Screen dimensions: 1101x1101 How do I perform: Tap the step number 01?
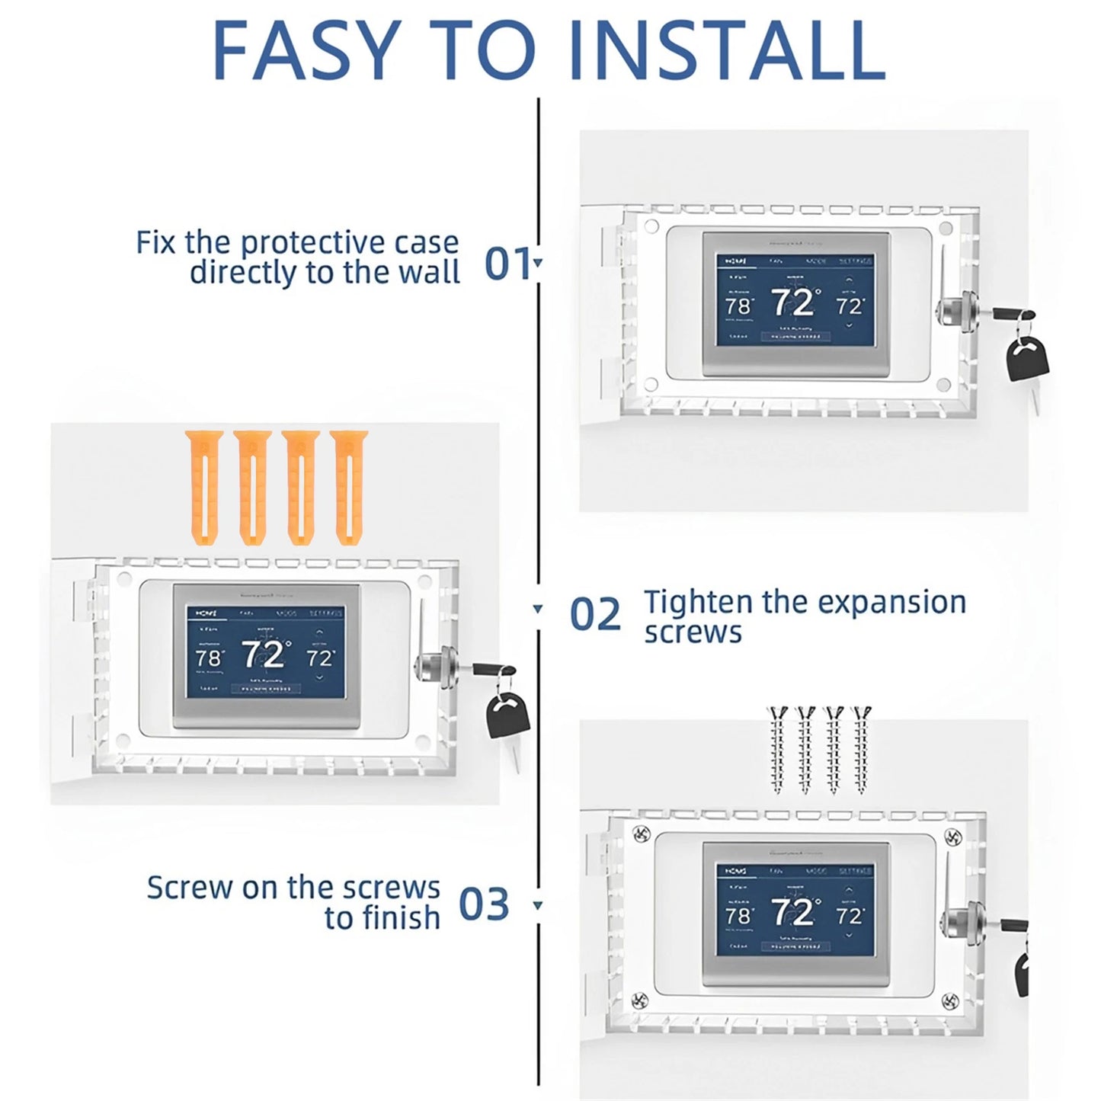(x=507, y=264)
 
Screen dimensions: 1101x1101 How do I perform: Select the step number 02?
(x=595, y=614)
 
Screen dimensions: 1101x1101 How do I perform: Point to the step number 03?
(x=483, y=904)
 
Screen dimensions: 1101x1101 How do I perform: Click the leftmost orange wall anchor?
(x=203, y=488)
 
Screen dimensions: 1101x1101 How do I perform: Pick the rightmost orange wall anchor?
(x=349, y=488)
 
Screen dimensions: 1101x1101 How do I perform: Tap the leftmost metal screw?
(x=777, y=751)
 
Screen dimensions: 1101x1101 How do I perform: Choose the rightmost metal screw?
(x=862, y=751)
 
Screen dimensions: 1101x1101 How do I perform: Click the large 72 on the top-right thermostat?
(x=792, y=303)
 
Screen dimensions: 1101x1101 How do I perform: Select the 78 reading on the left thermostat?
(x=208, y=658)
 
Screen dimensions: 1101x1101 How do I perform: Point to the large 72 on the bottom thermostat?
(x=792, y=912)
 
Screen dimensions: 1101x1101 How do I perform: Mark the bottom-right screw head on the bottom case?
(x=949, y=1000)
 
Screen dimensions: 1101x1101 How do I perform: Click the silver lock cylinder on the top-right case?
(x=950, y=314)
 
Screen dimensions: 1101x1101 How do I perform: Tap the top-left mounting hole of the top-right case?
(x=651, y=227)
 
